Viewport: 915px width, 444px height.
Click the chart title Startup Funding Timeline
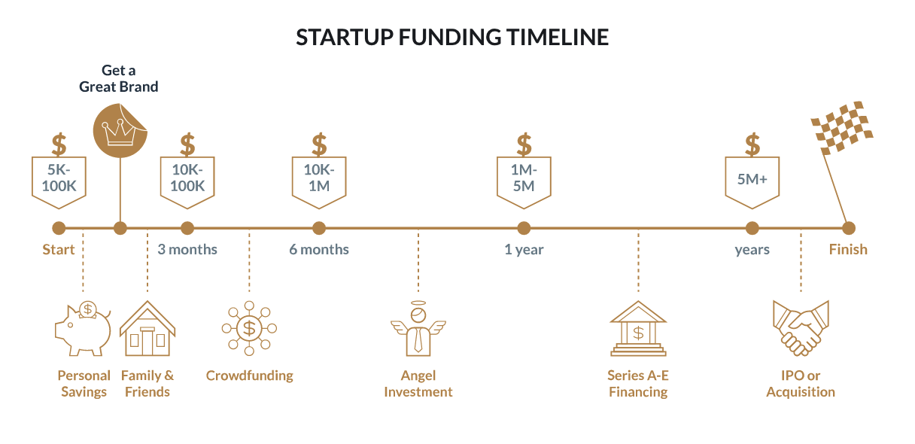tap(452, 37)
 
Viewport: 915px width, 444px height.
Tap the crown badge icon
tap(120, 131)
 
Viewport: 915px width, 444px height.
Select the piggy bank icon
tap(83, 328)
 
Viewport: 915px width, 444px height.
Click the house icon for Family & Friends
tap(147, 328)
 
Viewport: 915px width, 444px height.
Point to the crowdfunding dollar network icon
tap(249, 328)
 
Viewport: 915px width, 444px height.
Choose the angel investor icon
tap(418, 328)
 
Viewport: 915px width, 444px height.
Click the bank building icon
tap(638, 328)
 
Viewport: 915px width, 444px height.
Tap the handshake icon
tap(801, 328)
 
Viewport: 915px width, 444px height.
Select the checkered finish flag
tap(841, 127)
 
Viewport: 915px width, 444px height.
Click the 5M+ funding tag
tap(752, 182)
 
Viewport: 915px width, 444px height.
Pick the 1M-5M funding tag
tap(524, 182)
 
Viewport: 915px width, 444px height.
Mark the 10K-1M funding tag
tap(319, 182)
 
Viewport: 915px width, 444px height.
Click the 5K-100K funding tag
tap(59, 182)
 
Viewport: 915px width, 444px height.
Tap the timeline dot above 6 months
tap(319, 228)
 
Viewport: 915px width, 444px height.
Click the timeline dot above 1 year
tap(524, 228)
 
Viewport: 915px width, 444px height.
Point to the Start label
tap(59, 250)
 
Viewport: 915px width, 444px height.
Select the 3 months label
tap(187, 250)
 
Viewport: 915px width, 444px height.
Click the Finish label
tap(848, 250)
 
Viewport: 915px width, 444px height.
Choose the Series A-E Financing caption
tap(638, 384)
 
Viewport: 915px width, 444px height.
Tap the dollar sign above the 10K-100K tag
tap(187, 144)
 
